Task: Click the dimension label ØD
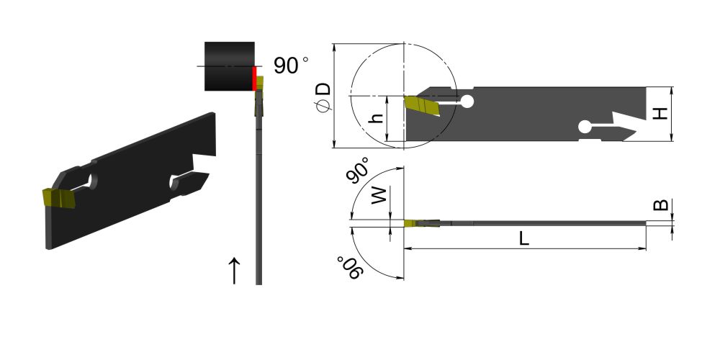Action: [x=323, y=97]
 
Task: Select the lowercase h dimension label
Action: [x=377, y=117]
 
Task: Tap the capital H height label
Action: [x=660, y=113]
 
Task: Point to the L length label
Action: [x=524, y=238]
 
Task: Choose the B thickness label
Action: [x=661, y=204]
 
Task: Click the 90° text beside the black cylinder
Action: [x=291, y=66]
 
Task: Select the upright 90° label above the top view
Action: [x=359, y=170]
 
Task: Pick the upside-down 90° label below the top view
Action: [x=350, y=267]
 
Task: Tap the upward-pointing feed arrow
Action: [x=234, y=271]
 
